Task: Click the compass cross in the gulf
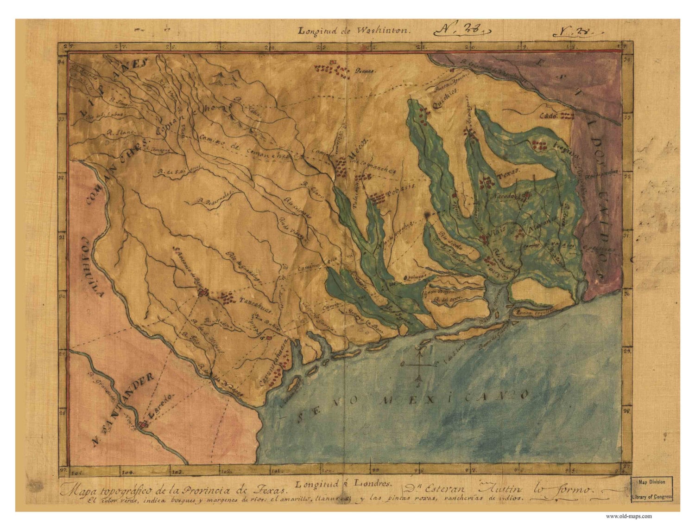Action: (x=419, y=365)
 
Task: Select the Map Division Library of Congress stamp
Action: (x=651, y=489)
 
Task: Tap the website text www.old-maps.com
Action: (x=629, y=516)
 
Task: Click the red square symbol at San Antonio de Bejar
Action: (x=202, y=293)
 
